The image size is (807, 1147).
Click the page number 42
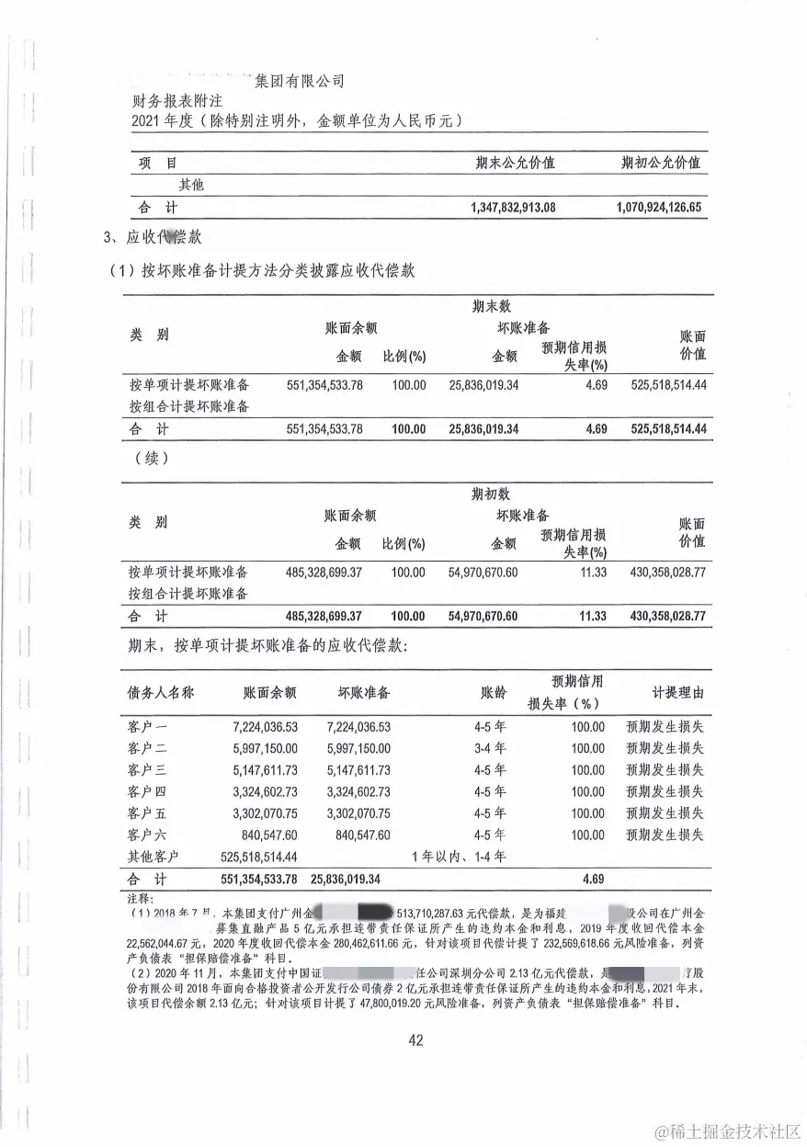click(x=415, y=1040)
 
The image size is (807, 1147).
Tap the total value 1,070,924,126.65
click(x=659, y=207)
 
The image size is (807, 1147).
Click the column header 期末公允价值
click(x=515, y=163)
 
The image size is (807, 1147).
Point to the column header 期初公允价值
click(x=661, y=163)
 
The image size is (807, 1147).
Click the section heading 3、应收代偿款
click(x=153, y=238)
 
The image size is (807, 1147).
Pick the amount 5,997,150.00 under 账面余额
click(x=265, y=748)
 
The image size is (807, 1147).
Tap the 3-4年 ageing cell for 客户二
click(x=489, y=748)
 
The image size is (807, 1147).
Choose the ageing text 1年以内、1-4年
click(x=460, y=857)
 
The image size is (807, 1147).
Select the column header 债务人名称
click(x=161, y=692)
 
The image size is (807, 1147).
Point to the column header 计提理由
click(x=665, y=692)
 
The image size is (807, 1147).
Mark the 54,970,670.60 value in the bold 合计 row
click(x=483, y=616)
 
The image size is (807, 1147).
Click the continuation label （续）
click(x=151, y=457)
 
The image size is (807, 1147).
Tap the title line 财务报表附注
click(x=175, y=100)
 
